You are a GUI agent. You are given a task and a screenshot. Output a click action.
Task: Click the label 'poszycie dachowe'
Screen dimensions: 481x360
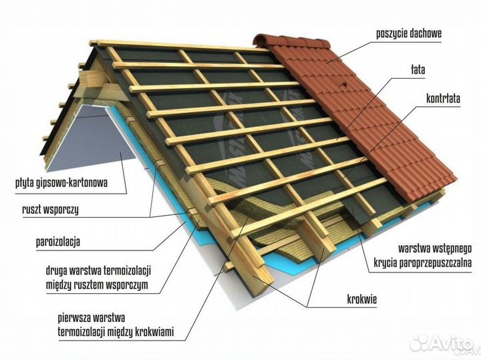pos(409,33)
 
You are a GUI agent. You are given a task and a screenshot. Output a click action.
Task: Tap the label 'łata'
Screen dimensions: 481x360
pos(418,69)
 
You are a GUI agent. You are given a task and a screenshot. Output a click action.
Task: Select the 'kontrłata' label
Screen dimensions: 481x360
pos(443,98)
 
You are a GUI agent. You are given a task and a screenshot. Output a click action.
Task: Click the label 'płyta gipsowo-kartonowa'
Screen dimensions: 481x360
pos(61,183)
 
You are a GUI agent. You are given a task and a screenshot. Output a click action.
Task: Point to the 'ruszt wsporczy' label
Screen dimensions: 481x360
pos(50,210)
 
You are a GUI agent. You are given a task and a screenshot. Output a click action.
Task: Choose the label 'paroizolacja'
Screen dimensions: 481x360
pos(58,242)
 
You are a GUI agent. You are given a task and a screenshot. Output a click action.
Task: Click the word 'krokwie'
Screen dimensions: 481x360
pos(361,299)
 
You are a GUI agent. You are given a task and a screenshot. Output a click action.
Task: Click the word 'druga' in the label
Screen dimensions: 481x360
pos(56,271)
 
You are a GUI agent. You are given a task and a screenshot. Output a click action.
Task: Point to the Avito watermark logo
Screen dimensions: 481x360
pos(444,343)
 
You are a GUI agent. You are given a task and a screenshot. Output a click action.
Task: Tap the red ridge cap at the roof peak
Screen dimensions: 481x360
pos(291,41)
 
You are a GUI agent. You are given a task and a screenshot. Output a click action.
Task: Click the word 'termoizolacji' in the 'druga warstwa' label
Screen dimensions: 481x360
pos(127,271)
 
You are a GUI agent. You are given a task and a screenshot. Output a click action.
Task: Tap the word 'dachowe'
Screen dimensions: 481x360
pos(426,33)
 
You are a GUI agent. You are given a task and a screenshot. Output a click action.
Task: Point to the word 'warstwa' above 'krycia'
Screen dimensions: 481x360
pos(414,248)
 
